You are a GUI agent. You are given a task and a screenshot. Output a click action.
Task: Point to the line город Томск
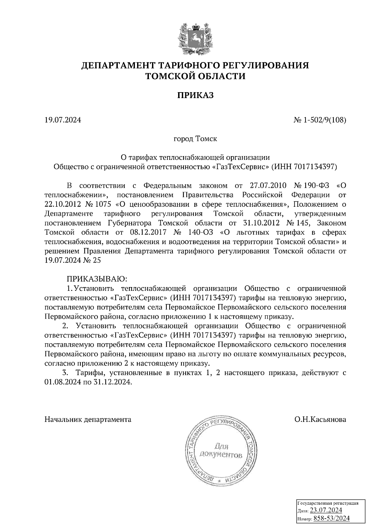click(195, 139)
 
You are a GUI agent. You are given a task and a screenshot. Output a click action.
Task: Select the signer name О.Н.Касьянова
click(320, 420)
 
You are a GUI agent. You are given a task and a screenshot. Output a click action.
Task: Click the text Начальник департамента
click(88, 420)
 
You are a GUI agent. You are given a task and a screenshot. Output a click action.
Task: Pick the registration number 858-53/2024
click(331, 518)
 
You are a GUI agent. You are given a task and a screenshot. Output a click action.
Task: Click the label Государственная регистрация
click(328, 503)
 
